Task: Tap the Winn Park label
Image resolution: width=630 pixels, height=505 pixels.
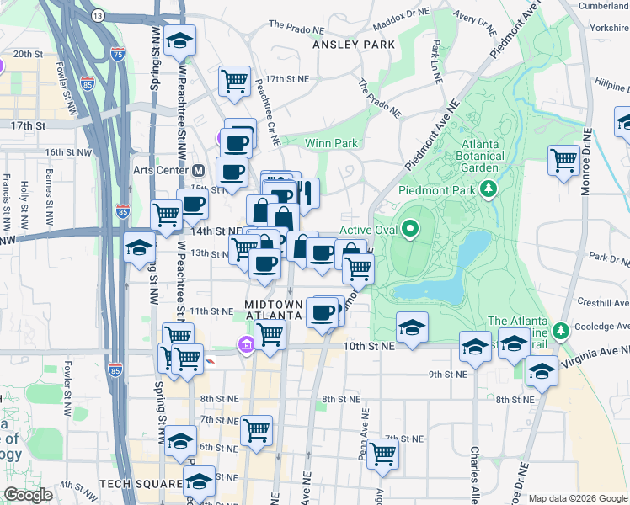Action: point(331,143)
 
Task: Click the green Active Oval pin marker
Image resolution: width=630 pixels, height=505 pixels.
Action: point(410,227)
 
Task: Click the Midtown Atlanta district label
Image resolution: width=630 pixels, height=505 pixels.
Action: point(273,309)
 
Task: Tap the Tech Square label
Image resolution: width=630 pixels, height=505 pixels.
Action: point(141,484)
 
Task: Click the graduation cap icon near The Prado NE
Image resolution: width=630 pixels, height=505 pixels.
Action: point(179,41)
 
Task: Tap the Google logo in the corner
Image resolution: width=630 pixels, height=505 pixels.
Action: point(27,495)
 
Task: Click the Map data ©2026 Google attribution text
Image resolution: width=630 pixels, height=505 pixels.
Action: point(577,498)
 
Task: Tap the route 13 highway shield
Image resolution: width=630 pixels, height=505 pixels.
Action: point(98,16)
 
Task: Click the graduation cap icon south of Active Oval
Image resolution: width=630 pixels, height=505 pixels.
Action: point(412,327)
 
